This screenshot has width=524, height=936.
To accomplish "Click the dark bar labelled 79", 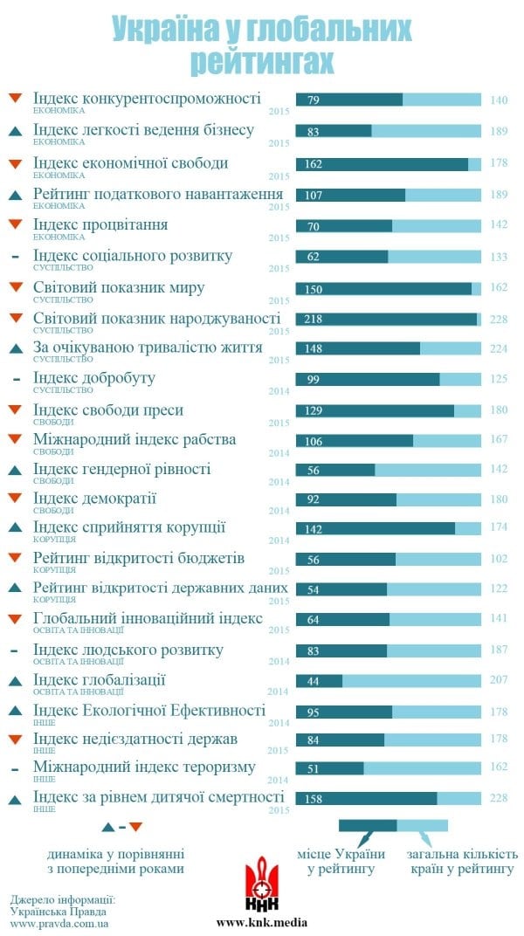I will tap(349, 100).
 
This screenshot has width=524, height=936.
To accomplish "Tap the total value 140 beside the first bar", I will tap(499, 100).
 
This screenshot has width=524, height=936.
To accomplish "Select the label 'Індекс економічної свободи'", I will tap(130, 162).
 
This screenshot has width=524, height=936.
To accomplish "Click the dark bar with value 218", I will tap(386, 319).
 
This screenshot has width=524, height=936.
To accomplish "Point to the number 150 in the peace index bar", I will tap(314, 288).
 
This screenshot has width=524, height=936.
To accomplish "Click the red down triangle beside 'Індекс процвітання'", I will tap(15, 225).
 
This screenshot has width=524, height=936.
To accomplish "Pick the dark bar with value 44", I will tap(319, 680).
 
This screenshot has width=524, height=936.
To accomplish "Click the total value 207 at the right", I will tap(499, 680).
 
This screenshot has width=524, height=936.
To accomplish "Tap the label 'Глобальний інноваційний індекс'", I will tap(148, 619).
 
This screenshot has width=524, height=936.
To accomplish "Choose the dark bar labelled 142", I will tap(376, 528).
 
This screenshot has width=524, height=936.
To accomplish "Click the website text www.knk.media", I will tap(262, 922).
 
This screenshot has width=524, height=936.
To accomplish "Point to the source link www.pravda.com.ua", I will tap(59, 923).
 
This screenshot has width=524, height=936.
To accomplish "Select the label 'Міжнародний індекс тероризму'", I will tap(144, 767).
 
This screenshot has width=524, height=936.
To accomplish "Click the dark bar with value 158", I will tap(366, 798).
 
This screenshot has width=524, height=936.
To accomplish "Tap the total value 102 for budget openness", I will tap(499, 559).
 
